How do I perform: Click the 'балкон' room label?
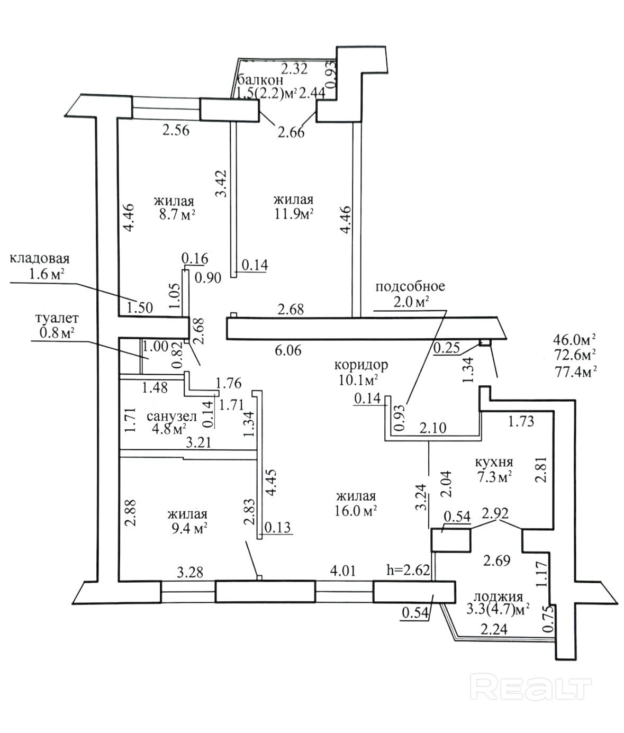(x=261, y=79)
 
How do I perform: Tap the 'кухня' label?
(x=494, y=462)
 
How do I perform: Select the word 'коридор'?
(x=361, y=365)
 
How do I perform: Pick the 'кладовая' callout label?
(x=39, y=258)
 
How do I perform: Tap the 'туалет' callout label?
(x=57, y=318)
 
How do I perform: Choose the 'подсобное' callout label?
(x=410, y=286)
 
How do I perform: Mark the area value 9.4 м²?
(x=188, y=529)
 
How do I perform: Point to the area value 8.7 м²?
(x=177, y=215)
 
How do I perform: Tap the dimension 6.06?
(x=288, y=351)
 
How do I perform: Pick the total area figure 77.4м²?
(x=574, y=373)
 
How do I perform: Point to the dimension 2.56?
(x=176, y=131)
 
